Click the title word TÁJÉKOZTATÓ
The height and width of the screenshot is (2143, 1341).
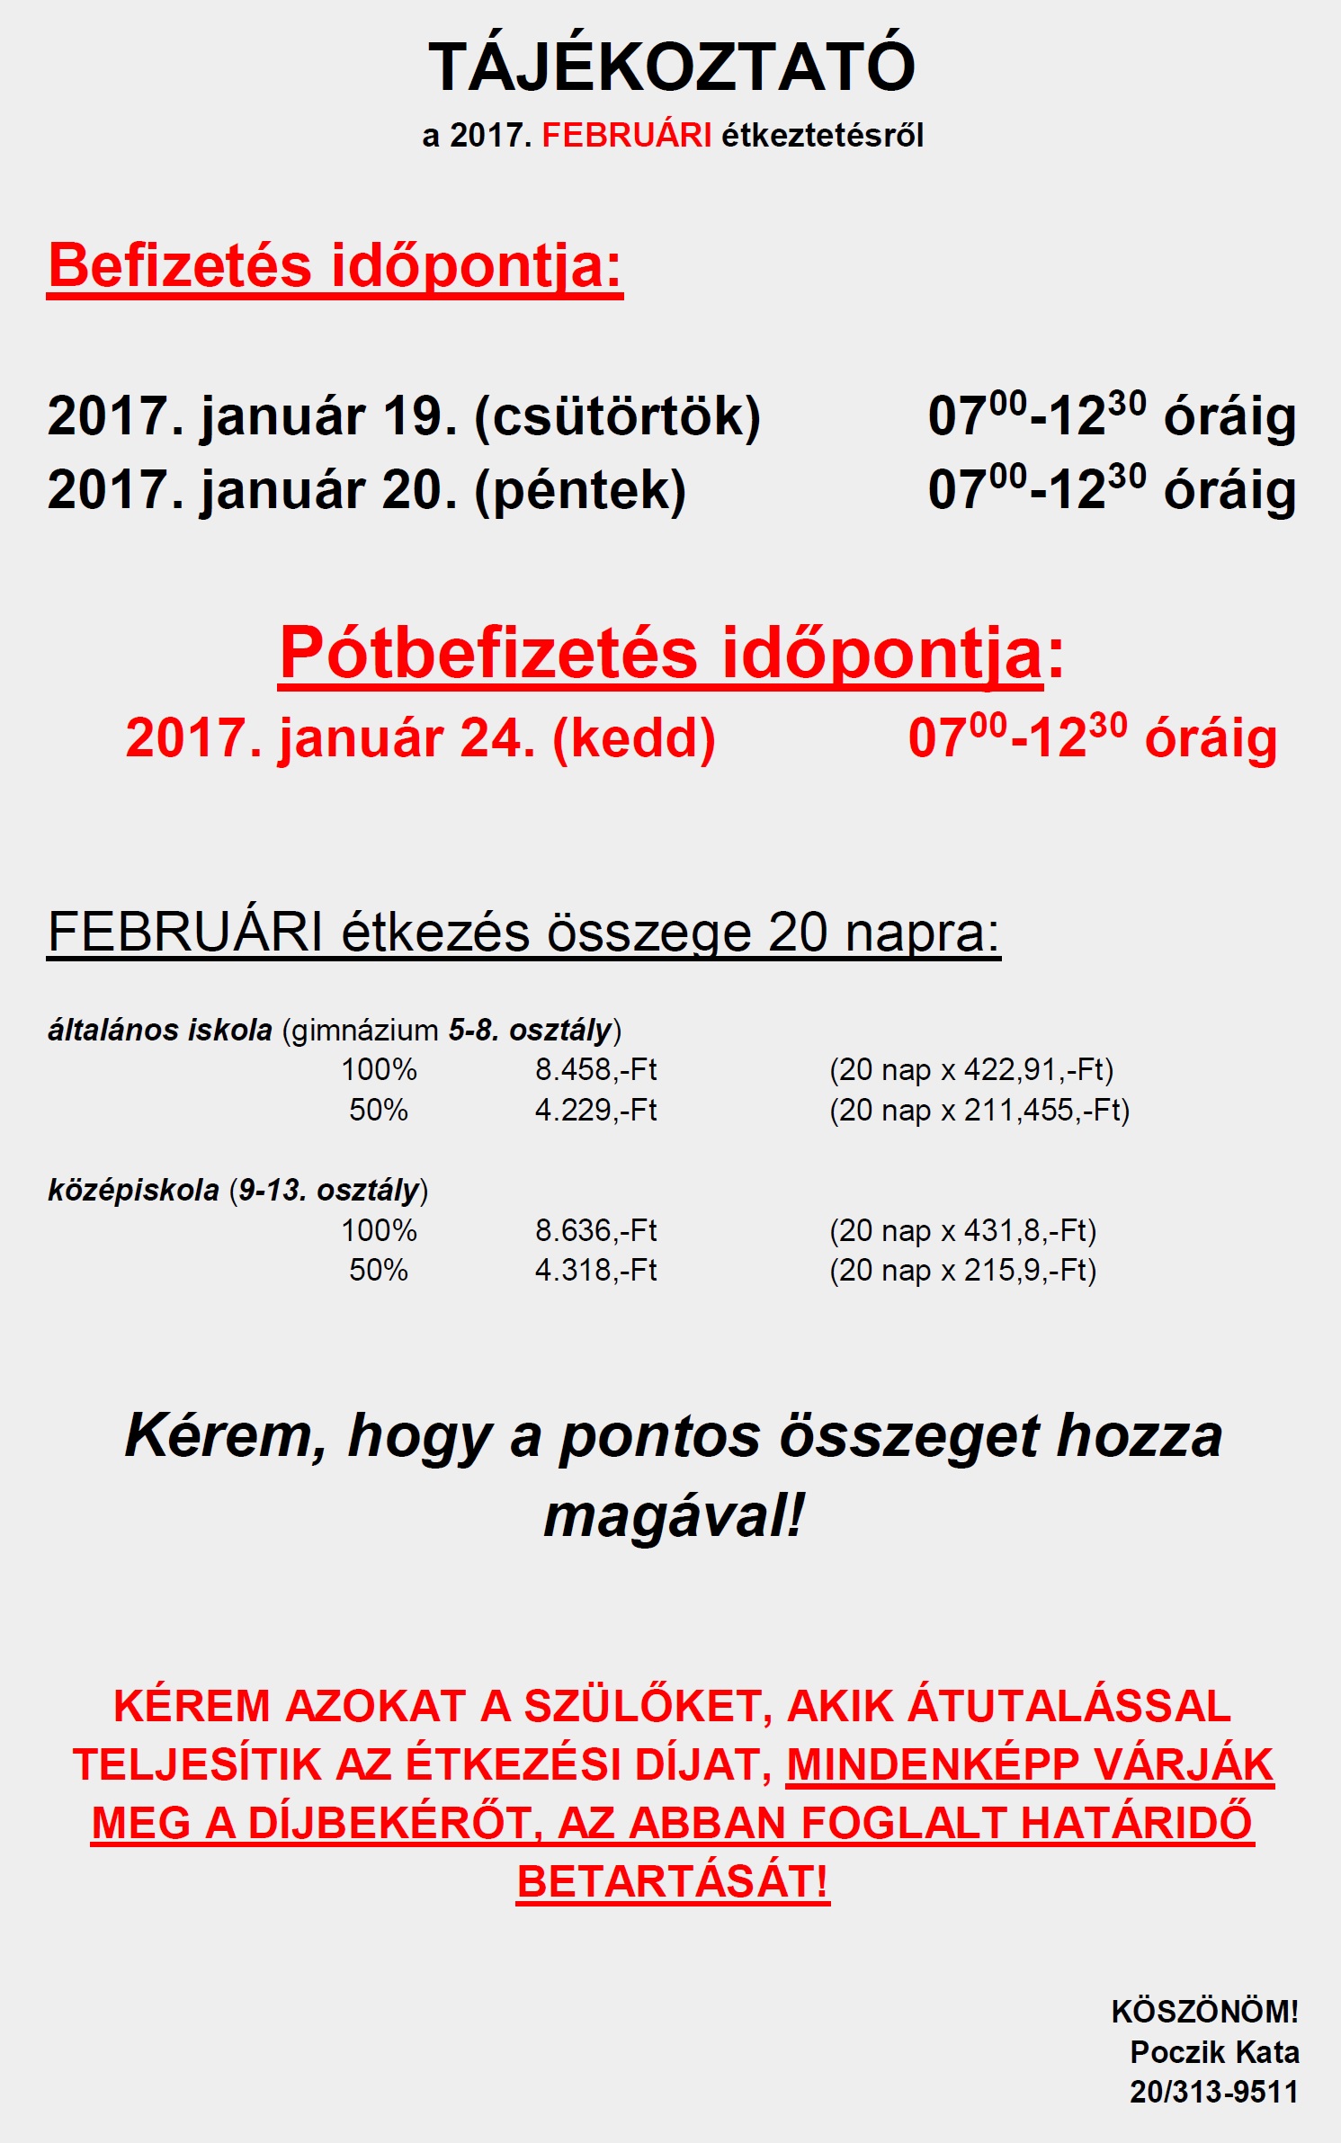671,67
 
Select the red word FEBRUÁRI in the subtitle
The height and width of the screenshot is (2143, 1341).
626,136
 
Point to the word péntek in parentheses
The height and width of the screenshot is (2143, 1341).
580,491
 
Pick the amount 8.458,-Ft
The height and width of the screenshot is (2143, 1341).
595,1070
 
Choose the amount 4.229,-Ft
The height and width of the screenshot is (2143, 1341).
595,1111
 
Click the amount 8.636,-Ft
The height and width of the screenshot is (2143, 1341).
595,1231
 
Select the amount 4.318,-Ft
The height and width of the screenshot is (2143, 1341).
595,1271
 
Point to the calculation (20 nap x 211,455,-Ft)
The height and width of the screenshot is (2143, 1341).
979,1111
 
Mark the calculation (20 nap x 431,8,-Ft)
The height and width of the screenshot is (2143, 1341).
962,1231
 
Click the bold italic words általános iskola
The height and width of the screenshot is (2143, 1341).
159,1031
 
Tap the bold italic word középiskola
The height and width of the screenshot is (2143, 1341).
133,1191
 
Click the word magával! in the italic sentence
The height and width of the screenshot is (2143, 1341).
674,1516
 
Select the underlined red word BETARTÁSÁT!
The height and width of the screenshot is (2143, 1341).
672,1882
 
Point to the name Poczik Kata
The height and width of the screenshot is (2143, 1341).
1214,2053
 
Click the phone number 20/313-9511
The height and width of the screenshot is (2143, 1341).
1214,2093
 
